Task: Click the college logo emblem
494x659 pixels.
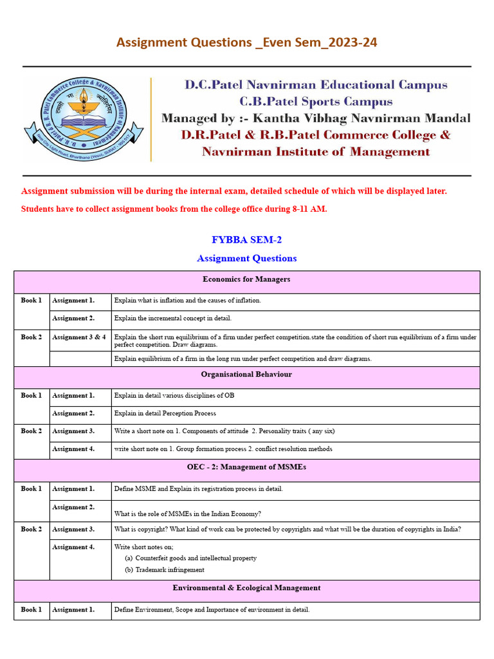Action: [x=84, y=120]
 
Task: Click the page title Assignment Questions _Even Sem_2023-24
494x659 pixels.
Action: [x=246, y=42]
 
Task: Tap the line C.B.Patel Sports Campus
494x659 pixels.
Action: [x=316, y=102]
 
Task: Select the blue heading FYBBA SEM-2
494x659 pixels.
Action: [x=246, y=240]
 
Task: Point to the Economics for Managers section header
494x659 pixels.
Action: [x=246, y=279]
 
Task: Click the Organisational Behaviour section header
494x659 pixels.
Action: [x=246, y=375]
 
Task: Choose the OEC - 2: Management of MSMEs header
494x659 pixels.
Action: [x=246, y=467]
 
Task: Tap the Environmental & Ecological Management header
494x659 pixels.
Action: [x=246, y=588]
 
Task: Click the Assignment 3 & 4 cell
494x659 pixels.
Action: [x=79, y=337]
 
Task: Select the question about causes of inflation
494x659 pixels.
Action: [x=187, y=301]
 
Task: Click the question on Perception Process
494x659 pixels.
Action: [x=165, y=414]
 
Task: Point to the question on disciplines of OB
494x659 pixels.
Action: [x=174, y=396]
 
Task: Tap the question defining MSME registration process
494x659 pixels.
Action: [x=198, y=489]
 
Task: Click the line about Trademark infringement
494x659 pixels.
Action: [x=169, y=570]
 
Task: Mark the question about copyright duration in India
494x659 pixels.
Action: [x=288, y=530]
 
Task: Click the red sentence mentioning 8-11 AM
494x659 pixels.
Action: [x=174, y=209]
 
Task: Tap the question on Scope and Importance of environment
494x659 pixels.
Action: [x=212, y=610]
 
